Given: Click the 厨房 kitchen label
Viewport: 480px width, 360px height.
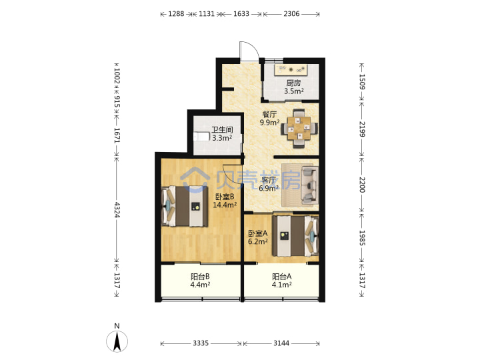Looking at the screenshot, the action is pos(293,83).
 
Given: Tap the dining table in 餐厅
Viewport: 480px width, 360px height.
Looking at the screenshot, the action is pos(299,128).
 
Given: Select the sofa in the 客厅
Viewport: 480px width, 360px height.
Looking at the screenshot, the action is pos(309,185).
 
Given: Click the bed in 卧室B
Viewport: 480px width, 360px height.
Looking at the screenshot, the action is pos(185,206).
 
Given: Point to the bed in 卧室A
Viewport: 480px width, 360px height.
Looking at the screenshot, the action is pos(295,236).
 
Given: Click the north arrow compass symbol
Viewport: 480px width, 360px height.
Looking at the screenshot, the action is pos(117,341).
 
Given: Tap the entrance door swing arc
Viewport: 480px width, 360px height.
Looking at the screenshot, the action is pos(249,50).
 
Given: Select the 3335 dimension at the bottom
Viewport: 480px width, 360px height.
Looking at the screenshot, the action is pos(201,343).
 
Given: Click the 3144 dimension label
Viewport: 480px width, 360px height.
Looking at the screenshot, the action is pos(281,343).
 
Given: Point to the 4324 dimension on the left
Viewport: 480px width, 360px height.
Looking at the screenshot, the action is pos(117,210).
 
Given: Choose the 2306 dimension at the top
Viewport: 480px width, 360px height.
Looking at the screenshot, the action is pos(291,14).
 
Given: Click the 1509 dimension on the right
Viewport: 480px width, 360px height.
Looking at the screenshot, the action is pos(362,82).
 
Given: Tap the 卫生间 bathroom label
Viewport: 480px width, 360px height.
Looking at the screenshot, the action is pos(222,130).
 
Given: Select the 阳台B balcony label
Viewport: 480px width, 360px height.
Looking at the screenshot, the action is pos(200,277).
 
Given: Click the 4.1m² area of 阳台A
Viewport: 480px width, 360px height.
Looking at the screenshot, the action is pos(281,285).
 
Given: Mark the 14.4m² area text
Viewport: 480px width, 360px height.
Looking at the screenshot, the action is pos(225,205).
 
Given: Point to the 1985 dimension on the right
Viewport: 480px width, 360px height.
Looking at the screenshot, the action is pos(362,238).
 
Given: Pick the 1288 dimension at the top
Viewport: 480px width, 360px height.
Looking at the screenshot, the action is pos(176,14).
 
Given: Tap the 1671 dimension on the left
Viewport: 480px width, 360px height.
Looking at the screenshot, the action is pos(117,135).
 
